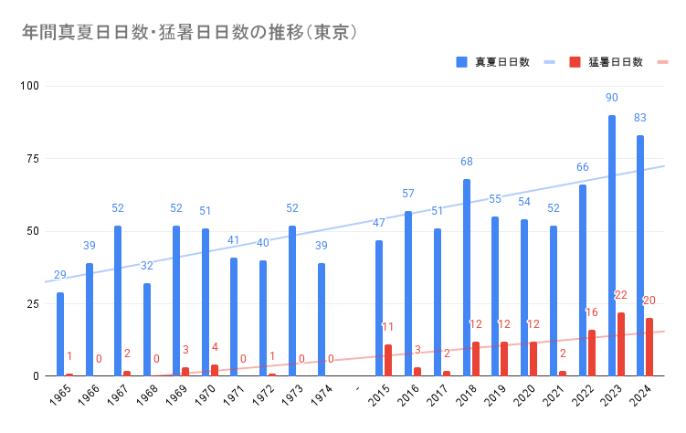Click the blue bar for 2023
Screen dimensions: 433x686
click(612, 246)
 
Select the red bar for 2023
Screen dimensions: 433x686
click(621, 344)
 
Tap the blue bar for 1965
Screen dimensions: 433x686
click(60, 334)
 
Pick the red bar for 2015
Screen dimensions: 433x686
click(388, 360)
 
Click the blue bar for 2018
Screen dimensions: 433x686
click(467, 278)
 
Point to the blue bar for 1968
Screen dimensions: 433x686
click(147, 330)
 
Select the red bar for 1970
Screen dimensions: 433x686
click(214, 370)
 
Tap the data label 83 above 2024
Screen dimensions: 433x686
click(640, 118)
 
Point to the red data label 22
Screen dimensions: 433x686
click(621, 295)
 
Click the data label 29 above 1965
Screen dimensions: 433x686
click(60, 275)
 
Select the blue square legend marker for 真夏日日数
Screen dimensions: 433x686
click(462, 62)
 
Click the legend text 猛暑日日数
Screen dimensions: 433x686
click(616, 62)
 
